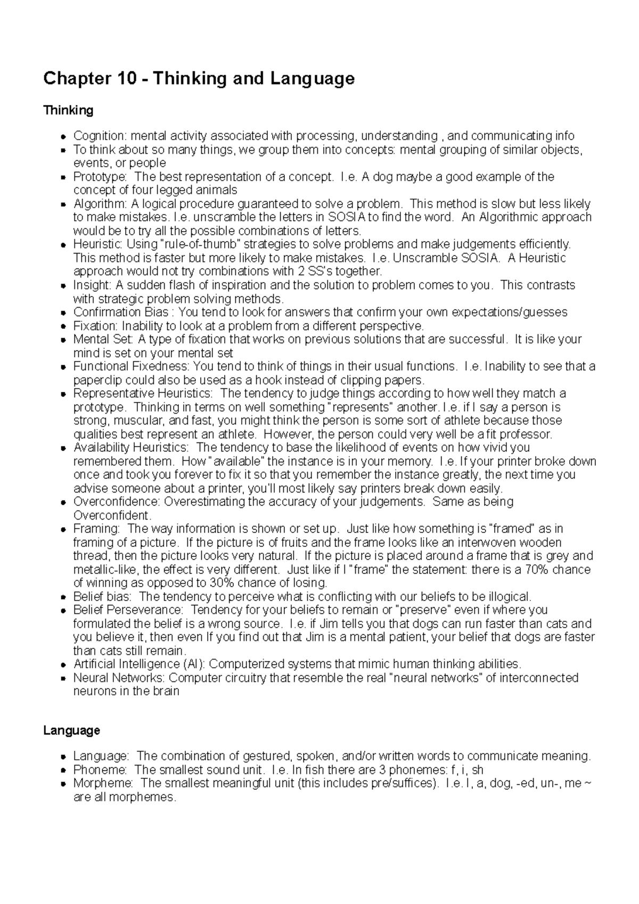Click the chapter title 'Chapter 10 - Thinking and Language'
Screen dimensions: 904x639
[x=199, y=79]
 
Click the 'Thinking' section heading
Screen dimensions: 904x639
[x=68, y=110]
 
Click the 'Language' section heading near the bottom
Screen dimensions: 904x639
[x=71, y=730]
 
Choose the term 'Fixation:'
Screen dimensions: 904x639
[x=95, y=325]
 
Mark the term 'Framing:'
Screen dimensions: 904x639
[x=96, y=529]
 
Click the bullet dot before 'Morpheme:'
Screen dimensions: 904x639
[x=63, y=784]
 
